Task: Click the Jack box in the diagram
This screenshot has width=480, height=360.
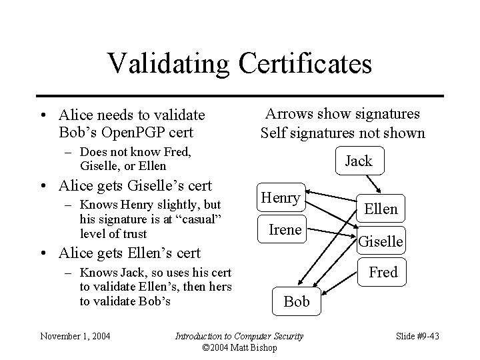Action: [359, 161]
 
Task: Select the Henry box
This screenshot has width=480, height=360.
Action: [281, 197]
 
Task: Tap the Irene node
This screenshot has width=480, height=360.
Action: [285, 230]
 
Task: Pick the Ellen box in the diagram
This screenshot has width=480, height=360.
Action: [381, 209]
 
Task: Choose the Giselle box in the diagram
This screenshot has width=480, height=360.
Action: [381, 241]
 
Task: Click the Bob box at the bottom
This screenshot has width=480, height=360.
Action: [297, 301]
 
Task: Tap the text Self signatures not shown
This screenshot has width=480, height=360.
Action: [342, 133]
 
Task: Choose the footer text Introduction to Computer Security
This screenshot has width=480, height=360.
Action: [239, 336]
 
